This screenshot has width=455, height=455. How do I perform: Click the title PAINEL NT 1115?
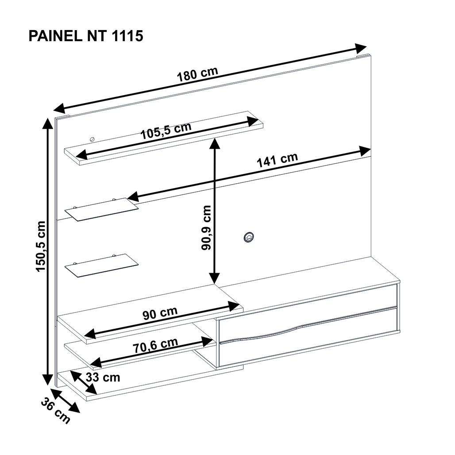point(86,36)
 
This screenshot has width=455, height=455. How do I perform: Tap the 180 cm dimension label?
point(197,74)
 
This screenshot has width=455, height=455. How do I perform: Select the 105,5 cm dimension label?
point(166,131)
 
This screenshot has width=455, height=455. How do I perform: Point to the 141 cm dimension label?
point(278,160)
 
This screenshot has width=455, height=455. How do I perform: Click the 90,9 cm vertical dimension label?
point(206,228)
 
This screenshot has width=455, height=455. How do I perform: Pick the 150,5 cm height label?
point(41,247)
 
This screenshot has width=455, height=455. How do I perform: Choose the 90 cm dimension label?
point(160,313)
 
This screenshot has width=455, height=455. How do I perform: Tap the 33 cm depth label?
point(103,377)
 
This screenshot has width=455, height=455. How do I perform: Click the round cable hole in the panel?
point(249,237)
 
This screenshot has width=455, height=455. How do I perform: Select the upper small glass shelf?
point(101,209)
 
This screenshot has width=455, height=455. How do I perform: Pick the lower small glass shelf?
point(101,266)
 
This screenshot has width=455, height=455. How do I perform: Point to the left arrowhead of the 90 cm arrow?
point(90,333)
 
